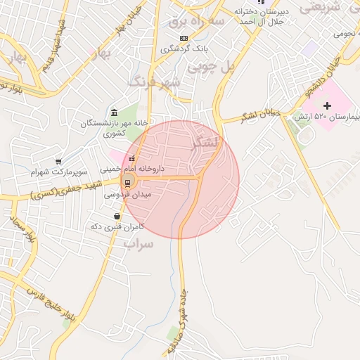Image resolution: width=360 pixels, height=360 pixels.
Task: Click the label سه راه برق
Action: point(196,21)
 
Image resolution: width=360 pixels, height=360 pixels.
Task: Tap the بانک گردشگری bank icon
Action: point(184,38)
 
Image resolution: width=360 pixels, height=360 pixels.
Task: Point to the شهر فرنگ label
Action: point(154,82)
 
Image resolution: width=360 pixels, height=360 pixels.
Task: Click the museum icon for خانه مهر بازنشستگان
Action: point(114,112)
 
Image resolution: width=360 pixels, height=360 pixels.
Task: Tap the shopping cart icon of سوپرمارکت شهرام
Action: point(58,162)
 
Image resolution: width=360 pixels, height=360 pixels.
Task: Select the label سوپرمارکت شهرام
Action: point(59,172)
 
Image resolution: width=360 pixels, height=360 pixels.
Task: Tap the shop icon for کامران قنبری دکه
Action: point(117,217)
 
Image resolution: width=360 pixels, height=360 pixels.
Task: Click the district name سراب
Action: point(138,243)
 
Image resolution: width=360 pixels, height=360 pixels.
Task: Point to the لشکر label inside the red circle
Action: point(205,143)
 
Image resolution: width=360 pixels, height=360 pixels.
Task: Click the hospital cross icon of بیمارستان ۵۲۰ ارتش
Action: point(327,105)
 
